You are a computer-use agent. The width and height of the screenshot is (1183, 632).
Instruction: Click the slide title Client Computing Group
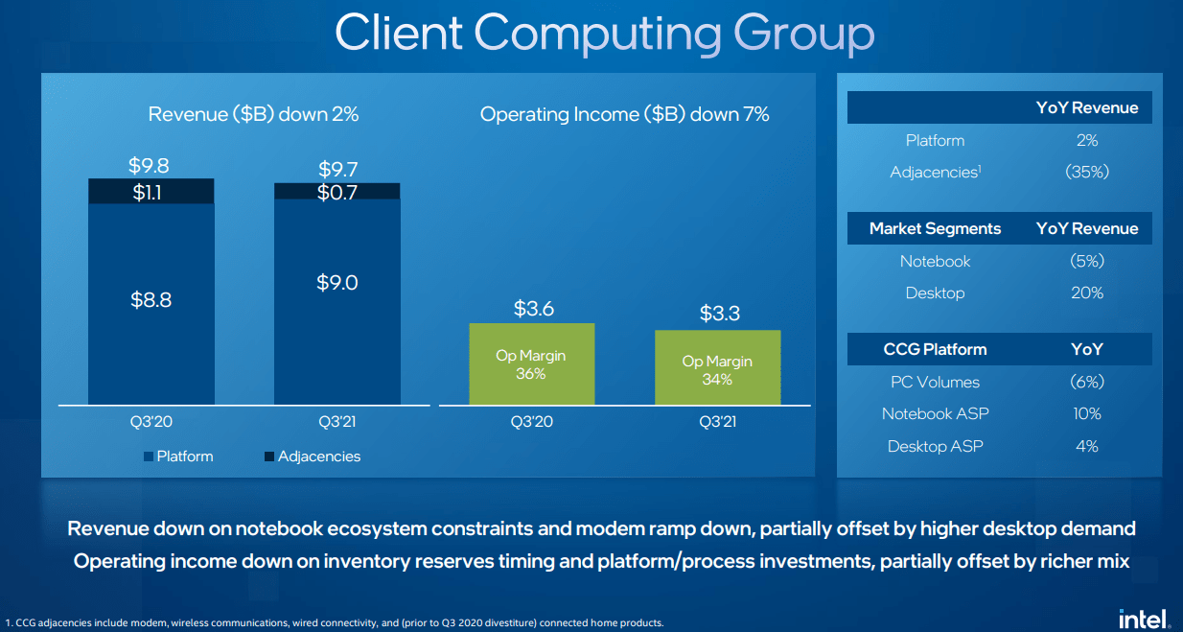pos(604,34)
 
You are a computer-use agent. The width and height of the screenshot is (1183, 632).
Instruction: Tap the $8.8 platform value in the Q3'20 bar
pos(151,300)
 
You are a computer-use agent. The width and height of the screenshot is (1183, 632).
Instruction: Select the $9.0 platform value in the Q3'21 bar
pos(336,283)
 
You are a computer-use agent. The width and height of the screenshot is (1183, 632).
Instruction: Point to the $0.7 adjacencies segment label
pos(336,192)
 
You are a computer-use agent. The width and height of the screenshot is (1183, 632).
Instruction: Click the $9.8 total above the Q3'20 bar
pos(149,165)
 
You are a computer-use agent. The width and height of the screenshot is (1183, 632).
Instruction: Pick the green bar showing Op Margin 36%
pos(531,363)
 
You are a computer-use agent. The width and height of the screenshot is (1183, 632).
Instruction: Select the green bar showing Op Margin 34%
pos(717,368)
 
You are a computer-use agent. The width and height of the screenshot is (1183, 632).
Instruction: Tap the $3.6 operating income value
pos(534,309)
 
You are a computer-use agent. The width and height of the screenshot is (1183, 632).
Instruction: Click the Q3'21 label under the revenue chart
pos(337,421)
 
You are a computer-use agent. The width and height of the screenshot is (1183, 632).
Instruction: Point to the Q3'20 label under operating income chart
pos(530,421)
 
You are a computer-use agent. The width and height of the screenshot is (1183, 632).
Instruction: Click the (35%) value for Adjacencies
pos(1086,173)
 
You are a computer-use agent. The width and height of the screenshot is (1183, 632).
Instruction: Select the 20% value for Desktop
pos(1086,293)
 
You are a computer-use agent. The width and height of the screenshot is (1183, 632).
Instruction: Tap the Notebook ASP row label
pos(936,414)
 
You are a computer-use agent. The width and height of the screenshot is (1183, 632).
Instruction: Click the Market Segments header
pos(935,228)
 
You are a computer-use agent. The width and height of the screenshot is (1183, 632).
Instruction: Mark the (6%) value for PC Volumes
pos(1086,382)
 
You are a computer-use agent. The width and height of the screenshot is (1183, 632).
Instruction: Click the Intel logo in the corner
pos(1144,619)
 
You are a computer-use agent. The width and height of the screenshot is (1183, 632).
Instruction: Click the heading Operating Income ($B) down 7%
pos(624,115)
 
